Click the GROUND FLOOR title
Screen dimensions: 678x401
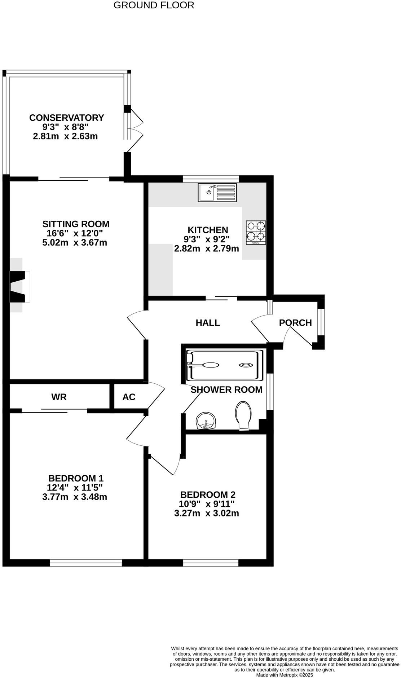(154, 5)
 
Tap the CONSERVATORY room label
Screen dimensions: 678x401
(66, 118)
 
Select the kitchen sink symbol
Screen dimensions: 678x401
(217, 193)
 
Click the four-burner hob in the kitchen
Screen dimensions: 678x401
(256, 232)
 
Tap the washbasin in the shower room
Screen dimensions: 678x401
(206, 421)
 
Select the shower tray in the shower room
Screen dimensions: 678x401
(224, 365)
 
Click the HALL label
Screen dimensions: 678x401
(208, 323)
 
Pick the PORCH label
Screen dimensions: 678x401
(295, 323)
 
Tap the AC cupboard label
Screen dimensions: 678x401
(129, 397)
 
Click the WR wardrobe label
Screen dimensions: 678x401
(59, 397)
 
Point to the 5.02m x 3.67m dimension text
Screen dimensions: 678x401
(75, 243)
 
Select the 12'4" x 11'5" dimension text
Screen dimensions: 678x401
(75, 488)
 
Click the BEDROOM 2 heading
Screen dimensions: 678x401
(208, 495)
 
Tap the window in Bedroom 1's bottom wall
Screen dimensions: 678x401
(86, 563)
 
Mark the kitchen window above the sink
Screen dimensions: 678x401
(211, 179)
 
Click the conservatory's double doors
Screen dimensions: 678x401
(134, 130)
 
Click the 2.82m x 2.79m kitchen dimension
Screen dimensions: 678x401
(207, 248)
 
